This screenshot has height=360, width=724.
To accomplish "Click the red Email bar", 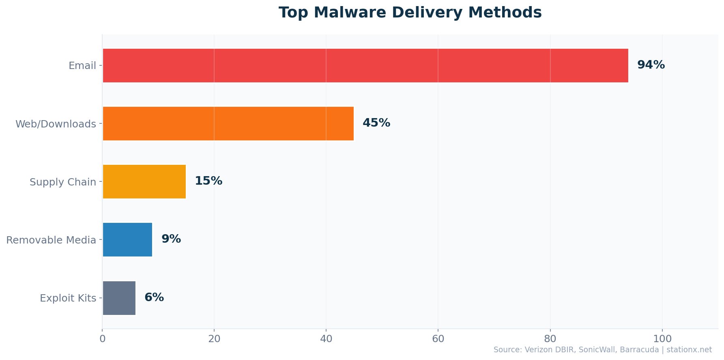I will tap(365, 65).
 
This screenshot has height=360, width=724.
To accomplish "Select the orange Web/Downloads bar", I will tap(228, 123).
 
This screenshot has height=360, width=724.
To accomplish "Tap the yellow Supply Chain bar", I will tap(144, 181).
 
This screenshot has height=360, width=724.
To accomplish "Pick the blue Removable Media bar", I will tap(127, 239).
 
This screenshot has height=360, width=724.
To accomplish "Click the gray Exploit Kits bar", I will tap(119, 298).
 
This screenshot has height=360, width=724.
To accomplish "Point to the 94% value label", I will tap(651, 65).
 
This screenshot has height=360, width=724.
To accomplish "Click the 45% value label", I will tap(376, 123).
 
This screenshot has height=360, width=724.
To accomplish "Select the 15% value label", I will tap(208, 181).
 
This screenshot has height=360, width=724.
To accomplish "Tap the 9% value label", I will tap(171, 239).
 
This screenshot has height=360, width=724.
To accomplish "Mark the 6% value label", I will tap(154, 297).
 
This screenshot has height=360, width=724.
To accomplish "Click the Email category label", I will tap(82, 66).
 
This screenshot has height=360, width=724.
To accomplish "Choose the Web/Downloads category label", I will tap(56, 124).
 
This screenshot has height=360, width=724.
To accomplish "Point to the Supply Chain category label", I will tap(62, 182).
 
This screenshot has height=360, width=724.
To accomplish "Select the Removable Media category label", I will tap(51, 240).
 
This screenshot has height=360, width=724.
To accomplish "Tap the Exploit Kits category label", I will tap(68, 298).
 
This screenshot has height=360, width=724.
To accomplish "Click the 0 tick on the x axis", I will tap(102, 339).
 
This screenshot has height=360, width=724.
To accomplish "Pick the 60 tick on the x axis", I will tap(438, 339).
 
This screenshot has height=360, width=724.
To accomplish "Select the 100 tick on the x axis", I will tap(662, 339).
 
